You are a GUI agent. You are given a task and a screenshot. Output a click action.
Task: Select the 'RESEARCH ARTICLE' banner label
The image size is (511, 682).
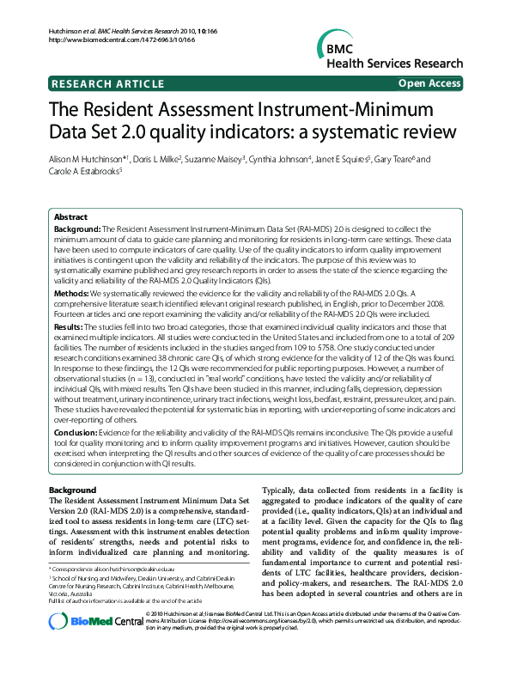point(107,83)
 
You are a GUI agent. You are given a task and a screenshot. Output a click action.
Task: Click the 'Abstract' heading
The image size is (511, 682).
point(71,218)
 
